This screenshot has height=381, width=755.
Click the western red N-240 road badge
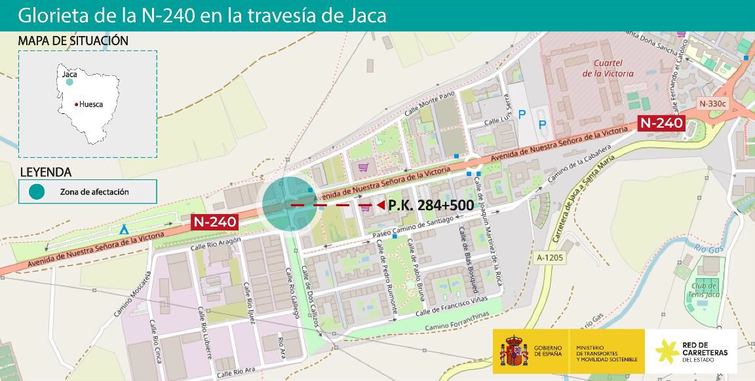(x=214, y=222)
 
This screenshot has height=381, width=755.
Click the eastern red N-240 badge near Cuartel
(x=661, y=122)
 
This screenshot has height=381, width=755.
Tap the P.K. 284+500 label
(x=431, y=205)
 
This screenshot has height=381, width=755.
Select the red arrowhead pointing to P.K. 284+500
(x=381, y=205)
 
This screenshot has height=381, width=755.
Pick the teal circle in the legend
(x=37, y=192)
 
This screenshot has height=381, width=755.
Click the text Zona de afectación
(x=94, y=192)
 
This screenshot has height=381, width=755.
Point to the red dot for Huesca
(x=77, y=105)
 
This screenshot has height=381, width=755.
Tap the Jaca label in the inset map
(x=69, y=75)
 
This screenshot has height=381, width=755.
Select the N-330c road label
(x=712, y=103)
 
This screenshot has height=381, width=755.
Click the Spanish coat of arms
(x=514, y=352)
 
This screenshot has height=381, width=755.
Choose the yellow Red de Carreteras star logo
(x=667, y=352)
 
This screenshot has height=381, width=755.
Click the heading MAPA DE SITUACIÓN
(x=73, y=41)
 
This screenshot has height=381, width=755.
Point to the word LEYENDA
(x=46, y=172)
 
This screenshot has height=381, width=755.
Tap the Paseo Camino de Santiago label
(x=413, y=227)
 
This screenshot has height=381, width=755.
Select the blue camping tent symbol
(x=123, y=230)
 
